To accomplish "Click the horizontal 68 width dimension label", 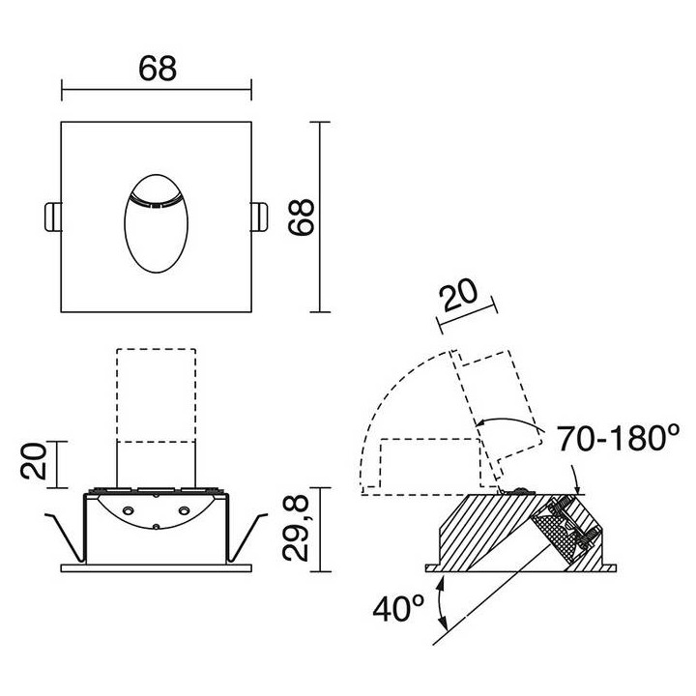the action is (158, 69).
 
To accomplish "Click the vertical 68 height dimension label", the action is (301, 217).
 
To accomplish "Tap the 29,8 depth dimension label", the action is (296, 529).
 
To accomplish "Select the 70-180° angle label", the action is (618, 438).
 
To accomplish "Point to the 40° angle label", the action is (398, 608).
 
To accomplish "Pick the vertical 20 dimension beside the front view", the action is (34, 461).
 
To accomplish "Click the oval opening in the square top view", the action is (157, 223).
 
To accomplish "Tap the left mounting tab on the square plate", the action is (53, 217).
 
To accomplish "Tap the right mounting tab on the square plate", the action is (259, 217).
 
